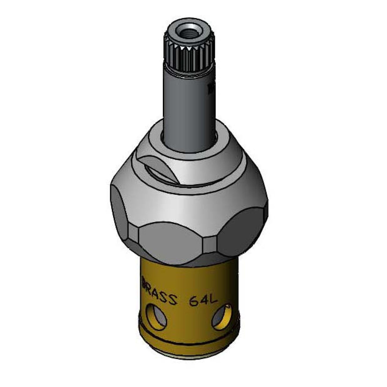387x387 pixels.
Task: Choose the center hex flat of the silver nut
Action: [171, 241]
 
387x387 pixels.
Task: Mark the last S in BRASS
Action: [172, 299]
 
